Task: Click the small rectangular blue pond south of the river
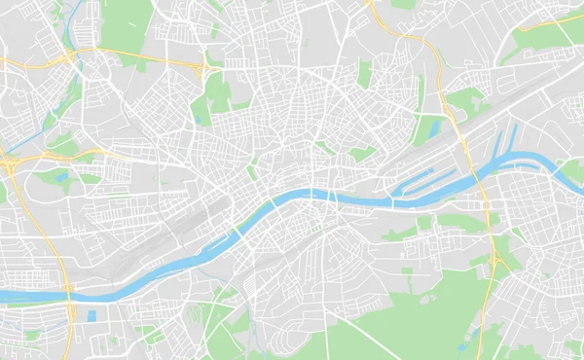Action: click(91, 315)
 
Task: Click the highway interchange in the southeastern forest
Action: click(496, 261)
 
